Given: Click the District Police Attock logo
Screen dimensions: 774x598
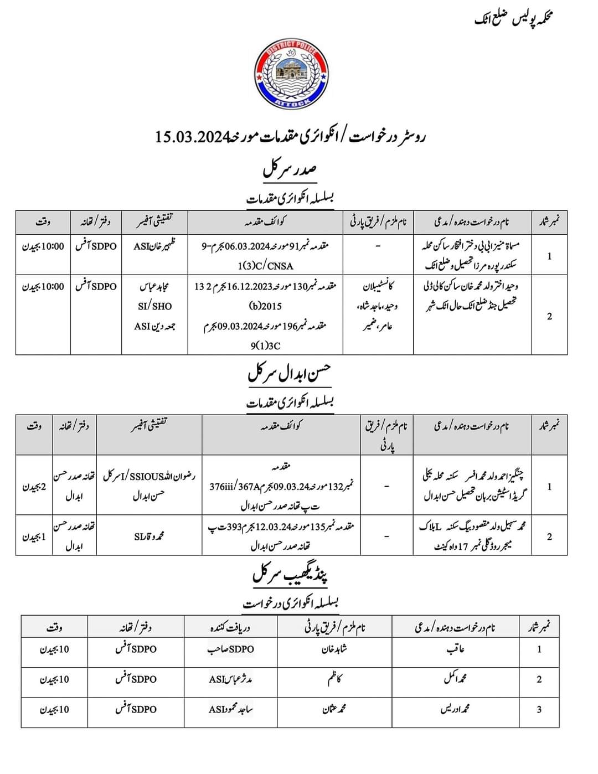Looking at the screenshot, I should coord(291,74).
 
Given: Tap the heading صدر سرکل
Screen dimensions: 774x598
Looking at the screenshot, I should coord(289,168).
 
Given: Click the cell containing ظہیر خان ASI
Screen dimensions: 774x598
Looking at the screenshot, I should coord(154,246).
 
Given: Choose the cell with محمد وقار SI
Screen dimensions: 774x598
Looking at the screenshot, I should coord(149,536).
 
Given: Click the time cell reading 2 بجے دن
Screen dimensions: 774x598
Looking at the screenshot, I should coord(34,487).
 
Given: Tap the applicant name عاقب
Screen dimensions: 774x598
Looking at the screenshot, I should coord(455,649).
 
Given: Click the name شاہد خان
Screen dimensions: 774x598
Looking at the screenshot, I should coord(334,649).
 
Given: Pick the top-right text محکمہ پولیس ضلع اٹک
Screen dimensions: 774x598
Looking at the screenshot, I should coord(514,19).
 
